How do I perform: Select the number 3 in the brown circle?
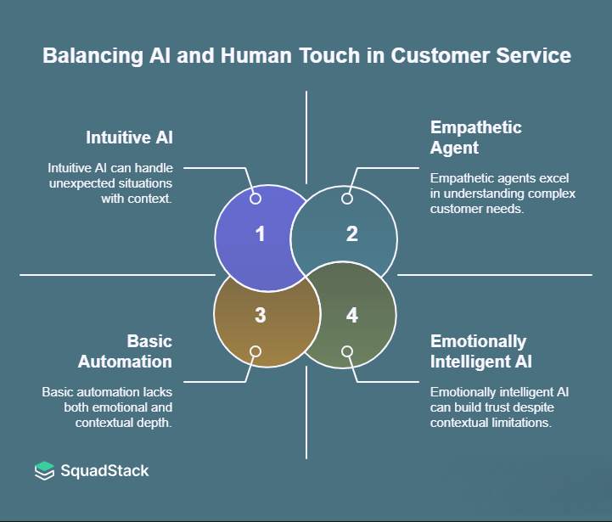coord(261,315)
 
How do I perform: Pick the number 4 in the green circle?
coord(352,315)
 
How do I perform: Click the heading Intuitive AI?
coord(128,137)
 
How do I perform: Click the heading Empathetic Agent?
coord(476,138)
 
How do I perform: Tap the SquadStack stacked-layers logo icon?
coord(44,470)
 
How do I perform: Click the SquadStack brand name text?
coord(104,470)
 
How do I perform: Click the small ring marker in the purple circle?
coord(255,199)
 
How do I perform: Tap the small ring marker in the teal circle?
coord(346,199)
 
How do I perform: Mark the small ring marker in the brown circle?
coord(255,351)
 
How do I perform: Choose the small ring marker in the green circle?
coord(346,351)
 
